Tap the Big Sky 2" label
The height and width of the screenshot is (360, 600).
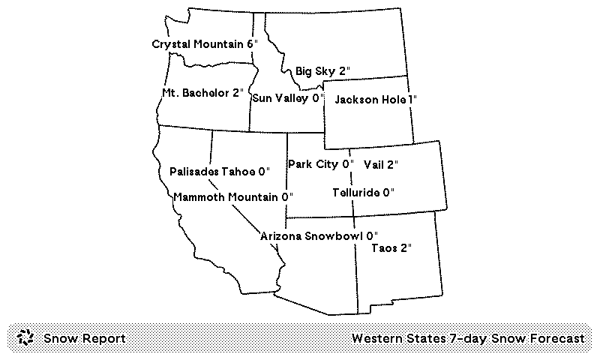point(322,71)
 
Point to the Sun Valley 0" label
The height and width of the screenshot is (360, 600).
point(287,97)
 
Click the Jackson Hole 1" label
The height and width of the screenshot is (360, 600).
point(375,99)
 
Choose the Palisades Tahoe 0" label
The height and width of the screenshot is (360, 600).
point(219,171)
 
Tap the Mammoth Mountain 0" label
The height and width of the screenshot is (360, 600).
point(232,197)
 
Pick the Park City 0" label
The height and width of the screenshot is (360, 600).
point(320,163)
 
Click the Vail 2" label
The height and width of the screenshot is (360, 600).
point(380,163)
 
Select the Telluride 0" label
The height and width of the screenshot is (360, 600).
point(364,192)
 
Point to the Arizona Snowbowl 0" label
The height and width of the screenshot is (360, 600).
point(319,236)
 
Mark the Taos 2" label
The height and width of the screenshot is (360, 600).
point(391,247)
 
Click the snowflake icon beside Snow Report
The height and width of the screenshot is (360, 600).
point(25,338)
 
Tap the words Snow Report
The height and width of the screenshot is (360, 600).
point(84,338)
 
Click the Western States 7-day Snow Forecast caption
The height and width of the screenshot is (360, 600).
point(467,338)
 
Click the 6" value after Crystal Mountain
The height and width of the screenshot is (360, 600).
point(252,44)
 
